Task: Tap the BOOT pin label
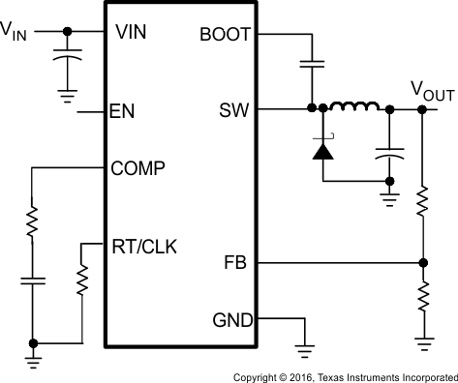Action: coord(224,33)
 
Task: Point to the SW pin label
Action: coord(235,110)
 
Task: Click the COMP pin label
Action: coord(139,168)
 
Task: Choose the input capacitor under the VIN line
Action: coord(66,62)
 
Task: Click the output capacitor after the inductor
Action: coord(389,153)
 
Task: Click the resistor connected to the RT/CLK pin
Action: coord(81,283)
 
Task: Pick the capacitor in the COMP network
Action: coord(32,282)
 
